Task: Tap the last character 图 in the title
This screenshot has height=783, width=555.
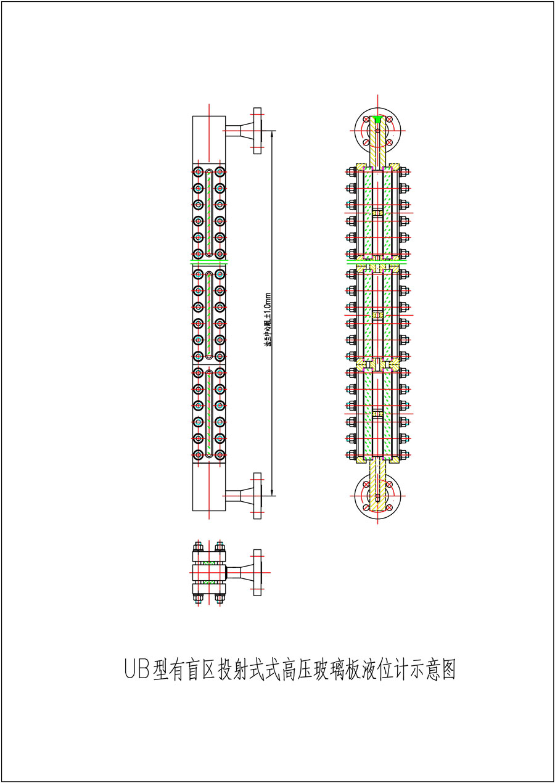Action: pyautogui.click(x=448, y=669)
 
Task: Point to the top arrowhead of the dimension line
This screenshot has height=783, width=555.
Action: pyautogui.click(x=274, y=132)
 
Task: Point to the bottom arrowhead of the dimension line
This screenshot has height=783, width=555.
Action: pyautogui.click(x=274, y=494)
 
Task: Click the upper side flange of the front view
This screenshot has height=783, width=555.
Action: pyautogui.click(x=257, y=129)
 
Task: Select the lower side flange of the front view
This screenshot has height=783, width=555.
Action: pyautogui.click(x=257, y=496)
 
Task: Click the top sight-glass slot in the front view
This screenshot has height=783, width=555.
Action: pyautogui.click(x=210, y=213)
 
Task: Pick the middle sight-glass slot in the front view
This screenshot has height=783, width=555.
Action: pyautogui.click(x=210, y=314)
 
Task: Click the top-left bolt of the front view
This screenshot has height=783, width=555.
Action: pyautogui.click(x=199, y=172)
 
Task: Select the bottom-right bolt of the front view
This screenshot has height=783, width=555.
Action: pyautogui.click(x=220, y=454)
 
